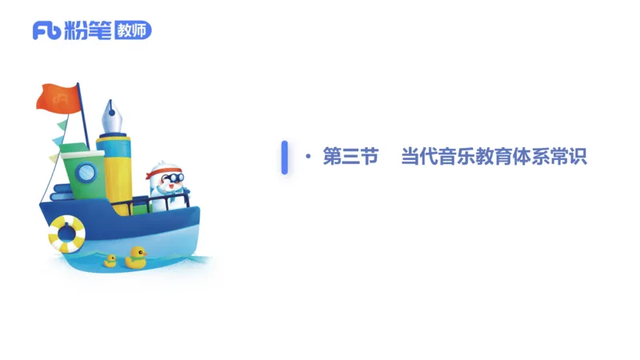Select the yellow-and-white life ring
(x=66, y=233)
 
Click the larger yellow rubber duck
(x=136, y=256)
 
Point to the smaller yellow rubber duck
(x=110, y=260)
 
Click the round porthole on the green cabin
(x=86, y=170)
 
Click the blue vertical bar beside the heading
(x=284, y=157)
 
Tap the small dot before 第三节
(x=308, y=157)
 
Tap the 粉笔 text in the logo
(x=85, y=30)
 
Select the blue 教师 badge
(x=132, y=30)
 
